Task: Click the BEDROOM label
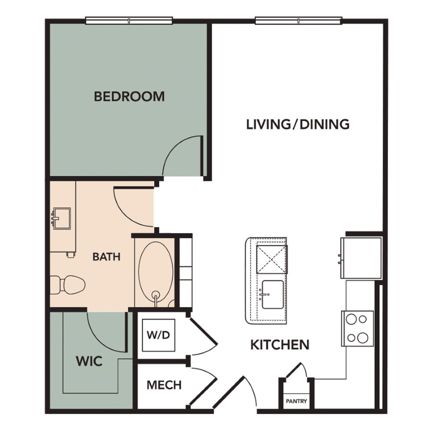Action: (x=129, y=96)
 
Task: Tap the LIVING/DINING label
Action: (x=298, y=124)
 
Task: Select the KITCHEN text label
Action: (x=280, y=345)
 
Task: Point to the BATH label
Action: (x=107, y=257)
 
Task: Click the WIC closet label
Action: (x=89, y=361)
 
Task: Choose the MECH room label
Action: (x=164, y=385)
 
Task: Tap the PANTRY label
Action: (x=296, y=401)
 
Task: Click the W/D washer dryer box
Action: (x=158, y=336)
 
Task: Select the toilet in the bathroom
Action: (x=68, y=286)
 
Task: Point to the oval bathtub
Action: (x=156, y=274)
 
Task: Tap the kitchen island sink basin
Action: (x=272, y=295)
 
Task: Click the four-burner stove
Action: (x=357, y=328)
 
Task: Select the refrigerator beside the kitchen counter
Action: (x=361, y=258)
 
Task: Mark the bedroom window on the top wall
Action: (x=129, y=21)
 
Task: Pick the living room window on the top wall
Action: (x=299, y=21)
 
